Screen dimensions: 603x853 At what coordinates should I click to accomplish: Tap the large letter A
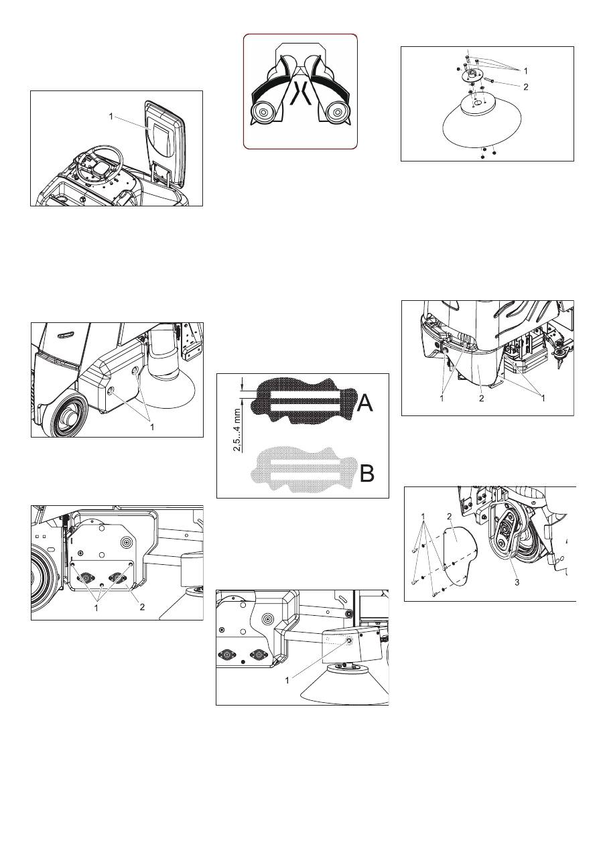[x=365, y=403]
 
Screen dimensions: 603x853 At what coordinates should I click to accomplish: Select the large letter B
[x=367, y=473]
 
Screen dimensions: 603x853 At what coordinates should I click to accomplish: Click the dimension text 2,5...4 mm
[x=238, y=430]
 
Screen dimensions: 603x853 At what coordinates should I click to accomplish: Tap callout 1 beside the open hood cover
[x=111, y=117]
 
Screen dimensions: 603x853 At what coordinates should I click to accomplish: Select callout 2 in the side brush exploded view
[x=526, y=87]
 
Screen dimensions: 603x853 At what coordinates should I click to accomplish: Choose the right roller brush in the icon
[x=336, y=112]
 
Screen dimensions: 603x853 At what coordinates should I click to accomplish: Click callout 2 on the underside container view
[x=482, y=398]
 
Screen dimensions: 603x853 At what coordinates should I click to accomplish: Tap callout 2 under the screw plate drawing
[x=142, y=607]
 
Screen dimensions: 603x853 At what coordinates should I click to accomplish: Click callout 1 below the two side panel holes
[x=152, y=428]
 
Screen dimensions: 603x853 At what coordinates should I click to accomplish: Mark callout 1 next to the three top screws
[x=526, y=71]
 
